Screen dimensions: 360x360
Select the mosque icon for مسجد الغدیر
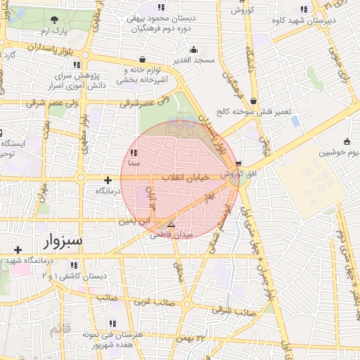click(x=193, y=50)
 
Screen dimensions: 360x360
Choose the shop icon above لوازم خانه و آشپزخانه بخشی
click(x=143, y=60)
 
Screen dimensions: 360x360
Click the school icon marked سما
click(x=134, y=153)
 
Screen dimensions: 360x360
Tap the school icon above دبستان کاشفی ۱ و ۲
click(x=74, y=265)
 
